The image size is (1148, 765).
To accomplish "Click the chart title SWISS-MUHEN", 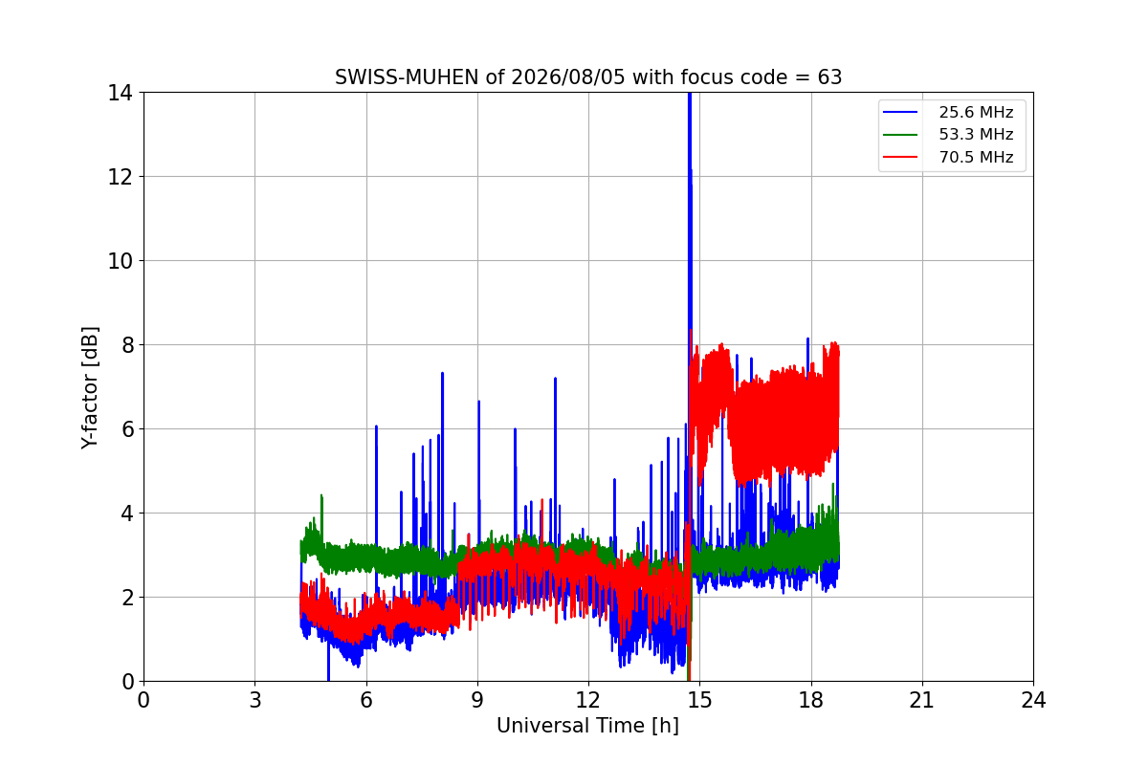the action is coord(407,77).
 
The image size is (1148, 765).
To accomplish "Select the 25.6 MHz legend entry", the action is coord(948,112).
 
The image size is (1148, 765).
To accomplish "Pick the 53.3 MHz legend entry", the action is coord(948,134).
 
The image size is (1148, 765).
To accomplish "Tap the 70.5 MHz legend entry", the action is coord(948,157).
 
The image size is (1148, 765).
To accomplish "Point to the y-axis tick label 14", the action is coord(120,93).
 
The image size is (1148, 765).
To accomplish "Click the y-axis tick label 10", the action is coord(120,261).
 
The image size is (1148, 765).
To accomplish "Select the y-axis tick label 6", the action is coord(127,429).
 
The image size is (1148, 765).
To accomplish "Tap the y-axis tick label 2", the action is coord(127,598).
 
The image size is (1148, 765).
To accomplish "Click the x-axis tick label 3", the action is coord(255,700).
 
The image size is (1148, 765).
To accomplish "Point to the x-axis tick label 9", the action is coord(477,700).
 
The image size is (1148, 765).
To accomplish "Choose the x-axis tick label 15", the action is coord(700,700).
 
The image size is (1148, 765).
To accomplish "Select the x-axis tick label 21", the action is coord(922,700).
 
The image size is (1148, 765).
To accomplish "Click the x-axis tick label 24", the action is coord(1034,700).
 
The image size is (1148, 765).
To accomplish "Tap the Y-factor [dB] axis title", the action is coord(90,388).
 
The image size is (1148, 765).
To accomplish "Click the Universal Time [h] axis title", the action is coord(587,726).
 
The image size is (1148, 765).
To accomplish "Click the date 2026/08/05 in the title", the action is coord(568,77).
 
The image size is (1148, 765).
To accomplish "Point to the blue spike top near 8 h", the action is coord(442,374).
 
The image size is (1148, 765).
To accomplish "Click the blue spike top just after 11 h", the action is coord(555,379).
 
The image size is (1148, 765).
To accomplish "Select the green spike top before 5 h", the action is coord(321,495).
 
